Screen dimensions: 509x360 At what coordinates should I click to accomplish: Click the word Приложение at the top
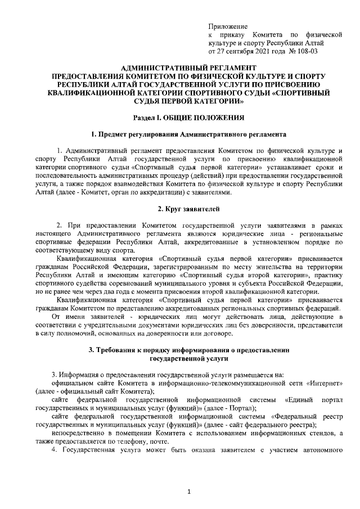[228, 26]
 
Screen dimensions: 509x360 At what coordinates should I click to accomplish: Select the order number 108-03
[304, 52]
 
